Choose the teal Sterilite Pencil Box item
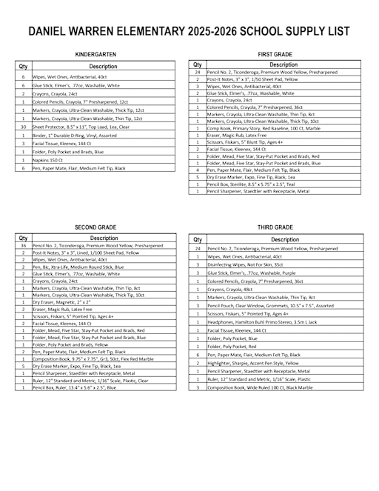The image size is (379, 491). click(252, 184)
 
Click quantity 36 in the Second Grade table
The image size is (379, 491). click(24, 245)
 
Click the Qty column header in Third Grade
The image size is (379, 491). click(198, 240)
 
